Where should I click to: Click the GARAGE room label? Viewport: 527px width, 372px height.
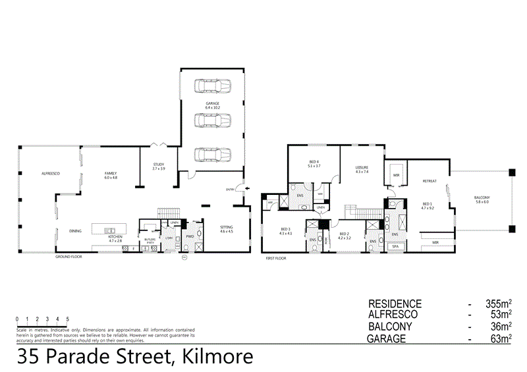[211, 103]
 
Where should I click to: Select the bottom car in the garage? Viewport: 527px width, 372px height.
[211, 154]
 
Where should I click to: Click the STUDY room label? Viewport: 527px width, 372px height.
[158, 165]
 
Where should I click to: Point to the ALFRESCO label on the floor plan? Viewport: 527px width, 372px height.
[51, 173]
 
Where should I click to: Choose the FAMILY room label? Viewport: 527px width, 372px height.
[111, 173]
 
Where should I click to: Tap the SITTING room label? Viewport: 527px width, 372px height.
[227, 227]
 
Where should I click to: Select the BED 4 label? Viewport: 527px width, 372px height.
[314, 162]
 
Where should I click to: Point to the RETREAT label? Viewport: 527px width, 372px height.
[430, 180]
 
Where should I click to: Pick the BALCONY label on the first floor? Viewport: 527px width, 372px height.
[482, 198]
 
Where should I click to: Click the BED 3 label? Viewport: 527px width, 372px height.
[285, 230]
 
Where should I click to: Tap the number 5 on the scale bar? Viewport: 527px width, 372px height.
[67, 319]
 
